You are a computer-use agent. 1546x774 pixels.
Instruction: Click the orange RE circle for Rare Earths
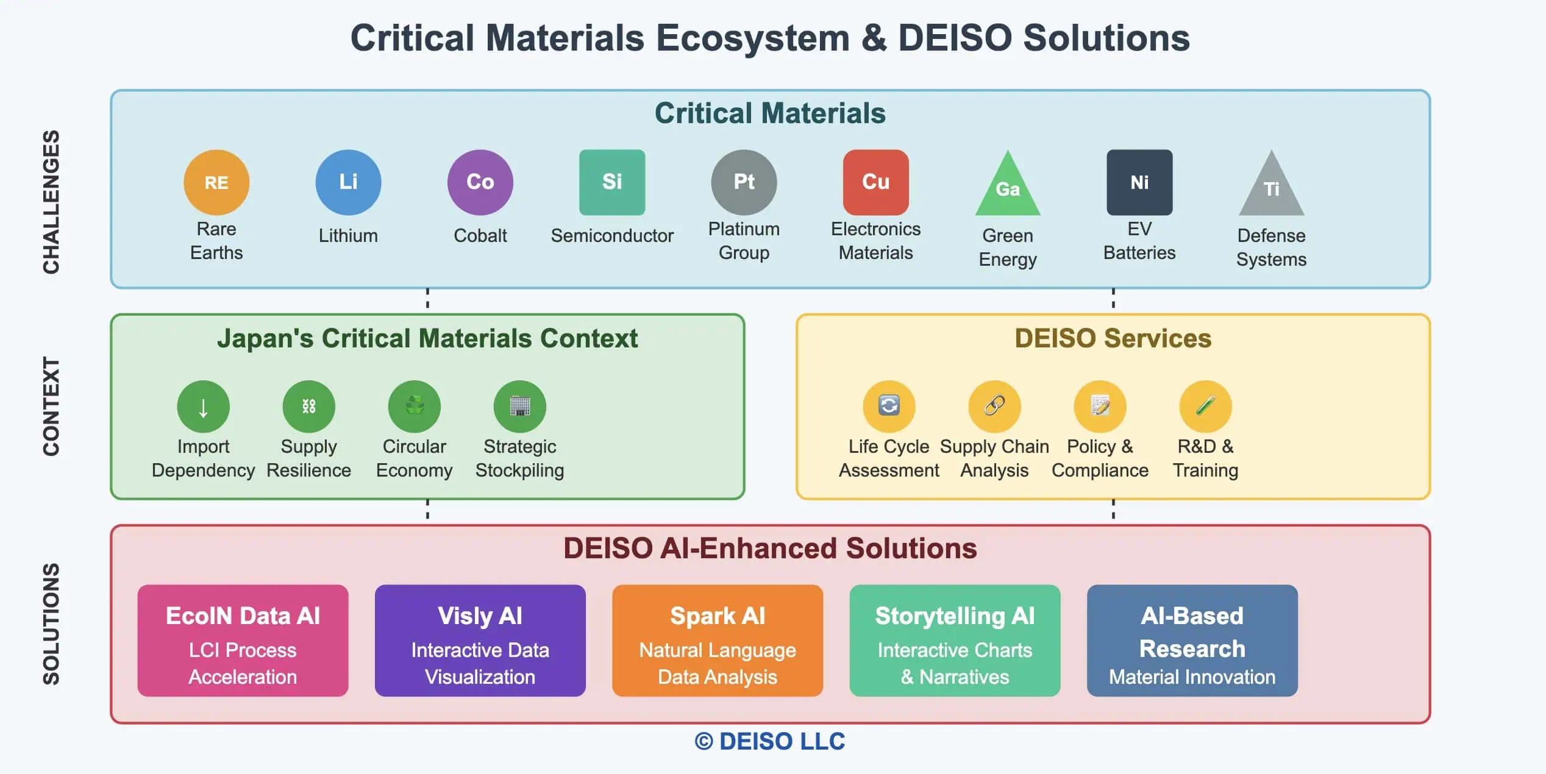(x=216, y=182)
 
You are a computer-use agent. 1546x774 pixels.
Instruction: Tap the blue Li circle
(x=348, y=182)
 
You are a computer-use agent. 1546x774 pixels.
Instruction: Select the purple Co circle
(x=480, y=182)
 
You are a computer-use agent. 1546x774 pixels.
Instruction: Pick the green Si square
(x=611, y=182)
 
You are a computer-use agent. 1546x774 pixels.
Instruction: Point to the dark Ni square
(x=1139, y=182)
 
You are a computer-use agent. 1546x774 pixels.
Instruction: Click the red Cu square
(x=875, y=182)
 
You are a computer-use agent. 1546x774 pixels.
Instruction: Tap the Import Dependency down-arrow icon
(x=203, y=407)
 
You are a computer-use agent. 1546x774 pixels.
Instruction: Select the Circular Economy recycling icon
(x=414, y=407)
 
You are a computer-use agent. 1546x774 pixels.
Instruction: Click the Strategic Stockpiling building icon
(x=519, y=407)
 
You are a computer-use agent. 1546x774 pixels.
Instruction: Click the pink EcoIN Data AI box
(x=243, y=641)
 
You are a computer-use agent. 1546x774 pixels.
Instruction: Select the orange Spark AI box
(x=717, y=641)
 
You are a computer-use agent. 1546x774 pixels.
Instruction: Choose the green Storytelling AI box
(x=955, y=641)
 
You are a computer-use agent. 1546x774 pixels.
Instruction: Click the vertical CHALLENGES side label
(x=51, y=202)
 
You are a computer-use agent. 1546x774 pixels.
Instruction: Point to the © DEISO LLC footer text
(x=770, y=742)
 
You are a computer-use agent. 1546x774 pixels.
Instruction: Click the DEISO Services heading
(x=1113, y=338)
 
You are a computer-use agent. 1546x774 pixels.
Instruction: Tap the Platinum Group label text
(x=744, y=241)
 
